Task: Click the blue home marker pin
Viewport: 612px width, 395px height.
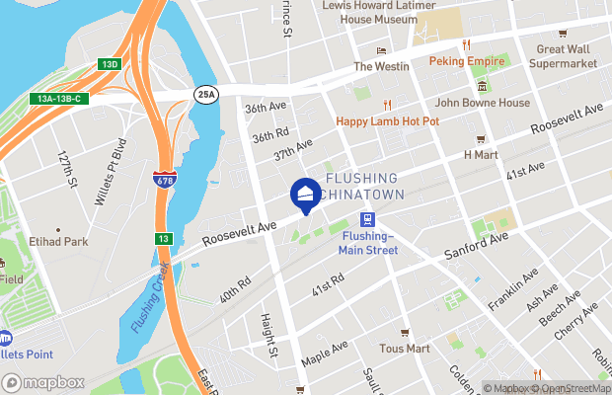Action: point(305,194)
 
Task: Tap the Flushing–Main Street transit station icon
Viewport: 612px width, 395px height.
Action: point(367,220)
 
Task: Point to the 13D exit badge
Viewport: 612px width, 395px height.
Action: point(109,64)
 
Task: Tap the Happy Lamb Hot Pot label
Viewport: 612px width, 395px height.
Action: point(388,120)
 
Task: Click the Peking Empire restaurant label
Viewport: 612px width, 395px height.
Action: point(466,60)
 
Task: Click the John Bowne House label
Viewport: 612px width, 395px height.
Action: point(469,101)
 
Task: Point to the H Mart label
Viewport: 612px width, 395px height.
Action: point(481,154)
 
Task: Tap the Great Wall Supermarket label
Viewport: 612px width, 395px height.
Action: point(566,56)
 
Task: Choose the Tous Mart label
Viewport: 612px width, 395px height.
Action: point(405,349)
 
